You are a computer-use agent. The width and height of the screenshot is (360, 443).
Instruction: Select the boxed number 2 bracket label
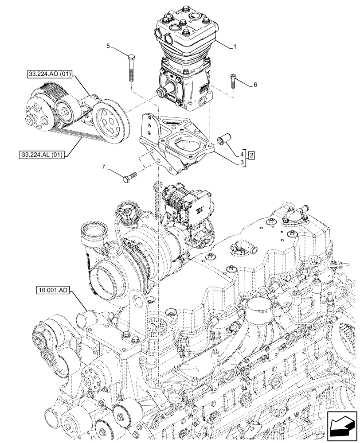[251, 155]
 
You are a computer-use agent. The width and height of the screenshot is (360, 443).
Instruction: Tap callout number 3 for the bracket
[242, 163]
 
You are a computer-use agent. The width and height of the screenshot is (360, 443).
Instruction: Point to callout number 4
[242, 155]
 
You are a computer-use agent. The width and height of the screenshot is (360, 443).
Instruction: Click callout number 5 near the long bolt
[108, 46]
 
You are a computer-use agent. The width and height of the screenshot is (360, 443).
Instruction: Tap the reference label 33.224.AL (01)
[43, 155]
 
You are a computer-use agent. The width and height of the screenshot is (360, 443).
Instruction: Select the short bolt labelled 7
[128, 178]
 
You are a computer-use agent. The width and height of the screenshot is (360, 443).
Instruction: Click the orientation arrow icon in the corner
[342, 426]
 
